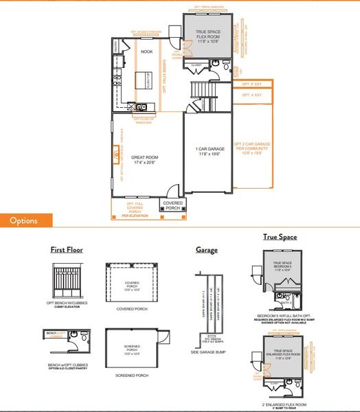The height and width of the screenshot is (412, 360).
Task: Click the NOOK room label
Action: tap(146, 51)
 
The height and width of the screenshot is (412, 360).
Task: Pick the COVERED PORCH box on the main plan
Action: tap(172, 205)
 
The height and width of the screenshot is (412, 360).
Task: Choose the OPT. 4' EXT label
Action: tap(252, 95)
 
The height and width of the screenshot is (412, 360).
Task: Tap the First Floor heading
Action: tap(66, 250)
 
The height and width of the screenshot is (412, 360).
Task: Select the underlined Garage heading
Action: tap(206, 250)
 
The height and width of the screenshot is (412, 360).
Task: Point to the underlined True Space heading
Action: tap(280, 237)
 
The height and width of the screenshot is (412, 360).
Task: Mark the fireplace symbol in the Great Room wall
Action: tap(115, 160)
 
